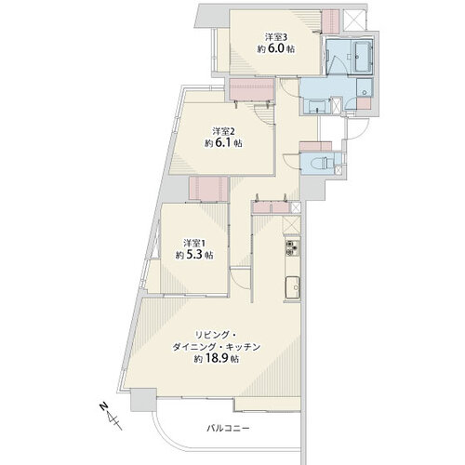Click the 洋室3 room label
(276, 37)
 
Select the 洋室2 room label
(223, 131)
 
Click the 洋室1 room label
(194, 243)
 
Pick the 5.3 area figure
(195, 255)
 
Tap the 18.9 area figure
(217, 359)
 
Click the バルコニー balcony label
(228, 429)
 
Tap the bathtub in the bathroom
(362, 57)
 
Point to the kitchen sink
(292, 287)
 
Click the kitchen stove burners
(292, 248)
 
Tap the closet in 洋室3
(330, 21)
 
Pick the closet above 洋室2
(252, 89)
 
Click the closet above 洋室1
(208, 189)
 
